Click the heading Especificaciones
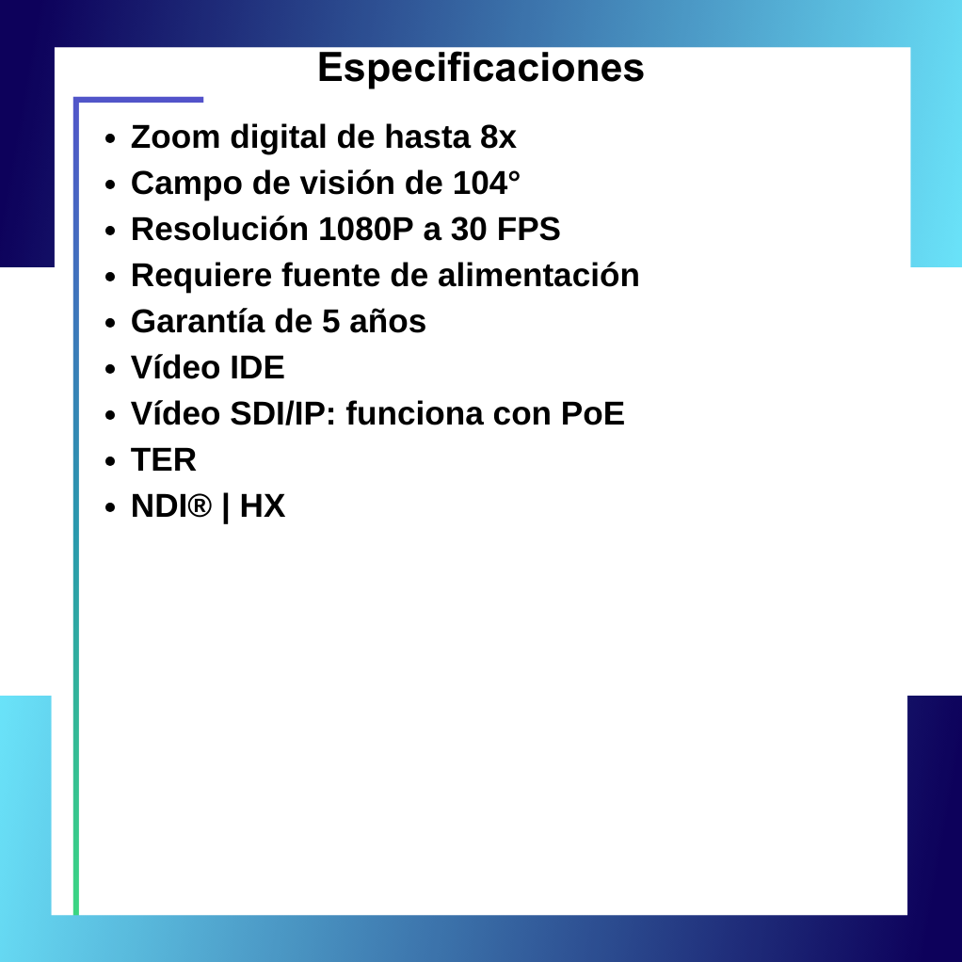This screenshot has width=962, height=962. click(480, 68)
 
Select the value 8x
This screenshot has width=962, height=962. click(498, 137)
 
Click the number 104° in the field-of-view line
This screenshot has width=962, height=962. click(487, 184)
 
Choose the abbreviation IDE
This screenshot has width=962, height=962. click(258, 368)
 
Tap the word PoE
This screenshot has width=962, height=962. click(593, 414)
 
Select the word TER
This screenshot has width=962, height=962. click(164, 460)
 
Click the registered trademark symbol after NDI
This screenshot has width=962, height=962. click(200, 506)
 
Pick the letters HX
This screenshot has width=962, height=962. click(263, 506)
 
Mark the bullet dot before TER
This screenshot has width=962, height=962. click(110, 461)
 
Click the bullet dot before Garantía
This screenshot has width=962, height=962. click(110, 323)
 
